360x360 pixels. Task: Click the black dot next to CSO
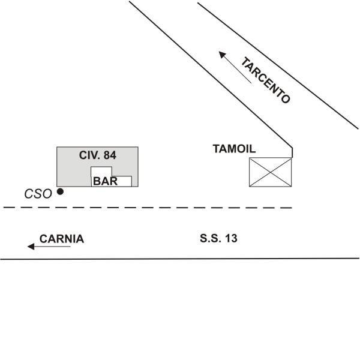tap(60, 191)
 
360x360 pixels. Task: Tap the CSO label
tap(38, 194)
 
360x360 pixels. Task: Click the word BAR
tap(105, 181)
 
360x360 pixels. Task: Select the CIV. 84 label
tap(98, 155)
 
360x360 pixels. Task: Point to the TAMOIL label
tap(234, 149)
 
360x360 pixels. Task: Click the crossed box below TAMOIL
tap(271, 172)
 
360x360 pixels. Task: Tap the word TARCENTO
tap(265, 80)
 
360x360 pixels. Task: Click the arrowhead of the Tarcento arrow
tap(222, 55)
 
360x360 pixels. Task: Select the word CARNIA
tap(62, 239)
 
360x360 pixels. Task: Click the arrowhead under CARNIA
tap(31, 247)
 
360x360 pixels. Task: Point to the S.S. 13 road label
tap(218, 238)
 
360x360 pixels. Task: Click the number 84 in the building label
tap(110, 155)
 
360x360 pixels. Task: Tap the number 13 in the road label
tap(231, 238)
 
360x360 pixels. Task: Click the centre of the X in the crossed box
tap(271, 172)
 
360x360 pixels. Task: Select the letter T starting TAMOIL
tap(216, 149)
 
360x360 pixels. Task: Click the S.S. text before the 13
tap(211, 238)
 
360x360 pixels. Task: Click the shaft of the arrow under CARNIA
tap(52, 247)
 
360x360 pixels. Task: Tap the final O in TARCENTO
tap(286, 99)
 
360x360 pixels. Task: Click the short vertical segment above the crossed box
tap(292, 152)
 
